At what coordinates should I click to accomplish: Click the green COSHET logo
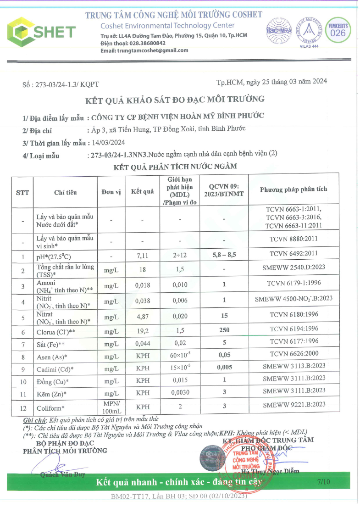[41, 31]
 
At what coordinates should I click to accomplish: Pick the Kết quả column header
[142, 191]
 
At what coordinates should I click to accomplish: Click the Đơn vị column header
[111, 191]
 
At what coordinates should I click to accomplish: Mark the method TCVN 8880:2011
[294, 239]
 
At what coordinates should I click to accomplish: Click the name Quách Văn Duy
[62, 474]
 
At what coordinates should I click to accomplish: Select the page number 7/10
[323, 482]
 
